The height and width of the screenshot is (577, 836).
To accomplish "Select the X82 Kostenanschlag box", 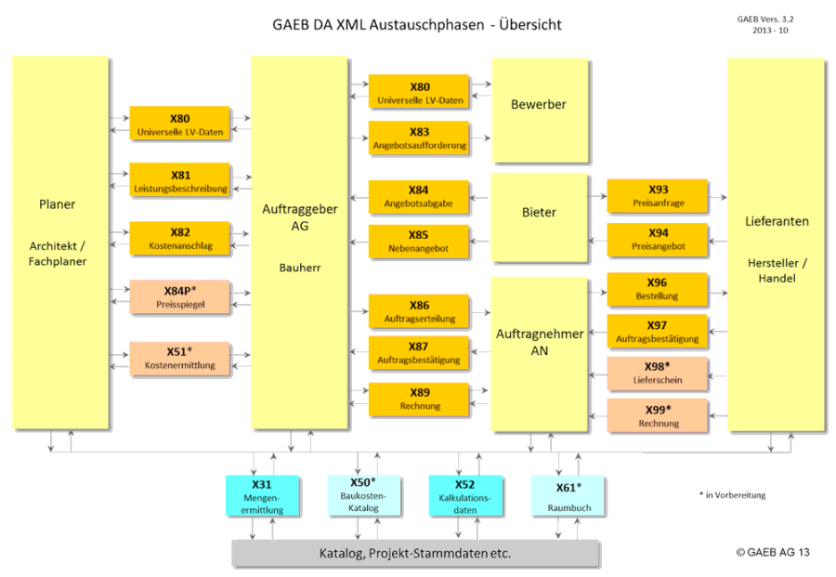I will (x=180, y=239).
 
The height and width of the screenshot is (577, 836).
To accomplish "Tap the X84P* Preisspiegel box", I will (x=180, y=296).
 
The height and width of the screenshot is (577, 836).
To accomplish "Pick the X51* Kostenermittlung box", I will (x=180, y=358).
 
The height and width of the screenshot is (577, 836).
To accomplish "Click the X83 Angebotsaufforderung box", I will (x=419, y=138).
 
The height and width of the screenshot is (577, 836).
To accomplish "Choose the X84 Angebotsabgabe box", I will (x=419, y=196).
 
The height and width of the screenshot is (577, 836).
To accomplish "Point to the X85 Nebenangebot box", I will (x=419, y=242).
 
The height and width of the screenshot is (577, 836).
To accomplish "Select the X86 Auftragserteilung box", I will (x=419, y=310).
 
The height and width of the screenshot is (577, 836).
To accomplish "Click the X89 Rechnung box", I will (x=419, y=399).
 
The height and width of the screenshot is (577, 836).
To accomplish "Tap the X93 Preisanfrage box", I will (x=658, y=196).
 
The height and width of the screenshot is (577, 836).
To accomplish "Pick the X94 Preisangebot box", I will (x=658, y=240).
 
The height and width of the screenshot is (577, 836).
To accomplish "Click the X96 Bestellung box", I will (x=658, y=289).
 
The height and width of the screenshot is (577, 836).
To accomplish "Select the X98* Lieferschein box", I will (x=658, y=374).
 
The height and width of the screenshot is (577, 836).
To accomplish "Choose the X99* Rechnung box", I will (x=658, y=416).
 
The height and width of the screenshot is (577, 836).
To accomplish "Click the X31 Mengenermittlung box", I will (x=262, y=496).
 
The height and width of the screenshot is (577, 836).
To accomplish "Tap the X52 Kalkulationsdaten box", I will (x=464, y=496).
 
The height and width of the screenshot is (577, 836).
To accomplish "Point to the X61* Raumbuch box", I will (x=568, y=496).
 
